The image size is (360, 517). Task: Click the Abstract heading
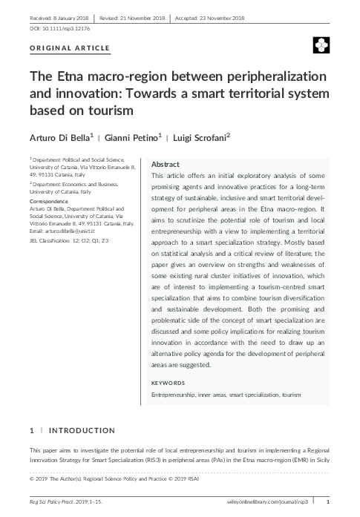165,164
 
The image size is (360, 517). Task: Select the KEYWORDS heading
169,383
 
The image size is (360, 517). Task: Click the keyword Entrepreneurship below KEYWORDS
173,395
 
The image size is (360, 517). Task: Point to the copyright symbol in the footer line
31,489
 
